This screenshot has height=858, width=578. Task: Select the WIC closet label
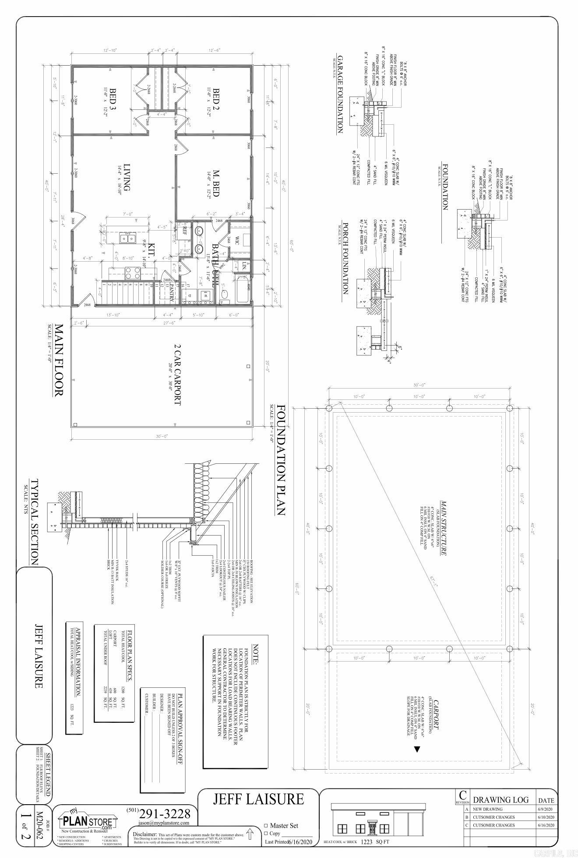click(x=237, y=240)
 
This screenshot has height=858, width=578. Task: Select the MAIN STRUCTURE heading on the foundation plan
click(x=443, y=528)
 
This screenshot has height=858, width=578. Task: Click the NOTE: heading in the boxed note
click(x=257, y=656)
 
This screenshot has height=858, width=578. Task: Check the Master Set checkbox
click(x=265, y=826)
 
